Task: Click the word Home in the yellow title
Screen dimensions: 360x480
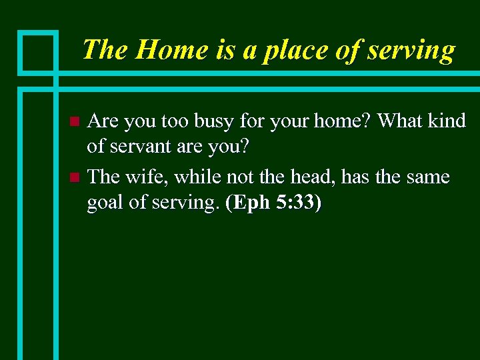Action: [x=162, y=50]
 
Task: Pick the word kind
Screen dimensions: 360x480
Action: [x=448, y=121]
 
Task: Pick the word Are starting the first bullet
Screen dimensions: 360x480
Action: [x=103, y=121]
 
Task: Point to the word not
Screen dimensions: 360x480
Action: [x=242, y=176]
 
